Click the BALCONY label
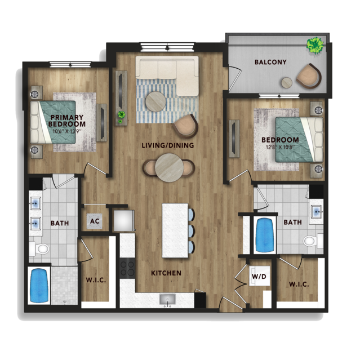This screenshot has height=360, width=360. tap(270, 62)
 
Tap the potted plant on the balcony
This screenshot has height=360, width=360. tap(315, 45)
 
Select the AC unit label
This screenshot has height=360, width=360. tap(95, 221)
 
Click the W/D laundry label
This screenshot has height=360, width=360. tap(259, 276)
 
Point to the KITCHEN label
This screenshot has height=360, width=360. tap(166, 273)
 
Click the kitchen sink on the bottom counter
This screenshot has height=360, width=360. tap(167, 299)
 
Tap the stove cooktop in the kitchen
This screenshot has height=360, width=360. tap(127, 268)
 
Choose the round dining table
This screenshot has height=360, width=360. tap(169, 167)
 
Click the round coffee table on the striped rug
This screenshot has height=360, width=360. tap(155, 102)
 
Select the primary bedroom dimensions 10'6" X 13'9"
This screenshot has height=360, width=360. tap(67, 132)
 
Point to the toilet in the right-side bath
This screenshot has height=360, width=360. tap(313, 241)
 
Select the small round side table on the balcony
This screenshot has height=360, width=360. tap(287, 83)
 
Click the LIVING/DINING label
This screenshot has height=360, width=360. tap(168, 145)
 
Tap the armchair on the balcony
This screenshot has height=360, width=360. tap(309, 75)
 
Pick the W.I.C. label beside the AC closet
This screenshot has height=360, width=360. tap(96, 280)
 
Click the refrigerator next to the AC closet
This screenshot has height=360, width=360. tap(123, 220)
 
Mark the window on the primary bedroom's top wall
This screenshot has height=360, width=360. tap(70, 65)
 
